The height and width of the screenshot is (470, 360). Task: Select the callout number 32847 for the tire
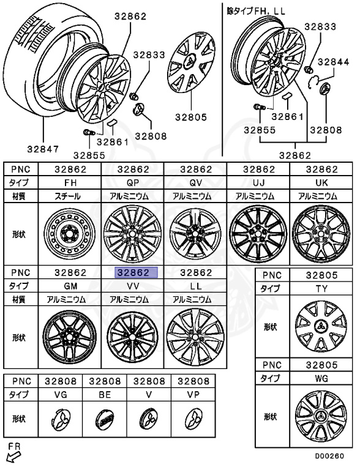43,149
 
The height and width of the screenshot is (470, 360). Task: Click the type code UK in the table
321,182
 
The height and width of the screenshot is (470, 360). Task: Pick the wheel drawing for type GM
70,336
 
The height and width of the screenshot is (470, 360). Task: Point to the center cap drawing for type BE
105,419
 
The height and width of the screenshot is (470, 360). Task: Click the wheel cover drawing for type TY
321,326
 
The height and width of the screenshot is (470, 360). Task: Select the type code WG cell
321,378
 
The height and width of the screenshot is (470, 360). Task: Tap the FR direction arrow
13,457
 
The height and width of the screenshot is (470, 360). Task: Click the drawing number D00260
329,456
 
